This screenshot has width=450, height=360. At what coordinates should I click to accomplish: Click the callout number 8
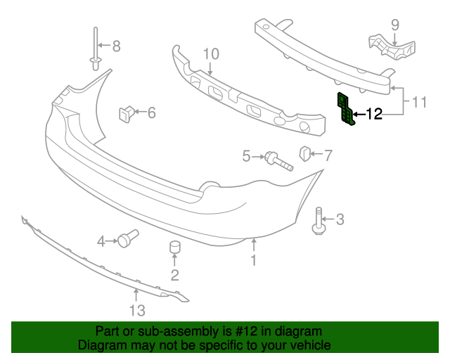[x=117, y=46]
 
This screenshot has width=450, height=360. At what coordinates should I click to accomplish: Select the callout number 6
[x=151, y=112]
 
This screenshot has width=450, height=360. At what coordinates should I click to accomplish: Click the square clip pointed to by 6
[x=127, y=112]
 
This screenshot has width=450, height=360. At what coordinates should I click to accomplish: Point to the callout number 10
[x=211, y=54]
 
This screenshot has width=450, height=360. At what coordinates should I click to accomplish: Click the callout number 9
[x=395, y=25]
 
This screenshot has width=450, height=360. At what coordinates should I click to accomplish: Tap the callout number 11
[x=419, y=103]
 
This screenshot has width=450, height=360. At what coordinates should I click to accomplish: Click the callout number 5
[x=247, y=156]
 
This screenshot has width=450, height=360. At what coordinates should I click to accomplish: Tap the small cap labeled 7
[x=306, y=153]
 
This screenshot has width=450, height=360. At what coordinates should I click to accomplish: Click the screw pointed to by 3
[x=318, y=221]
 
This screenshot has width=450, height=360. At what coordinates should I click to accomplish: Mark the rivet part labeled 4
[x=127, y=239]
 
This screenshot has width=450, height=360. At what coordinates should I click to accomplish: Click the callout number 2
[x=174, y=274]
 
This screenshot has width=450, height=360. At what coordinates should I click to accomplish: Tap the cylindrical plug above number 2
[x=174, y=248]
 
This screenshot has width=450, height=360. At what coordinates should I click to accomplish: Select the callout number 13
[x=136, y=310]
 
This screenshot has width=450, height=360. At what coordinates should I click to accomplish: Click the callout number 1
[x=255, y=261]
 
